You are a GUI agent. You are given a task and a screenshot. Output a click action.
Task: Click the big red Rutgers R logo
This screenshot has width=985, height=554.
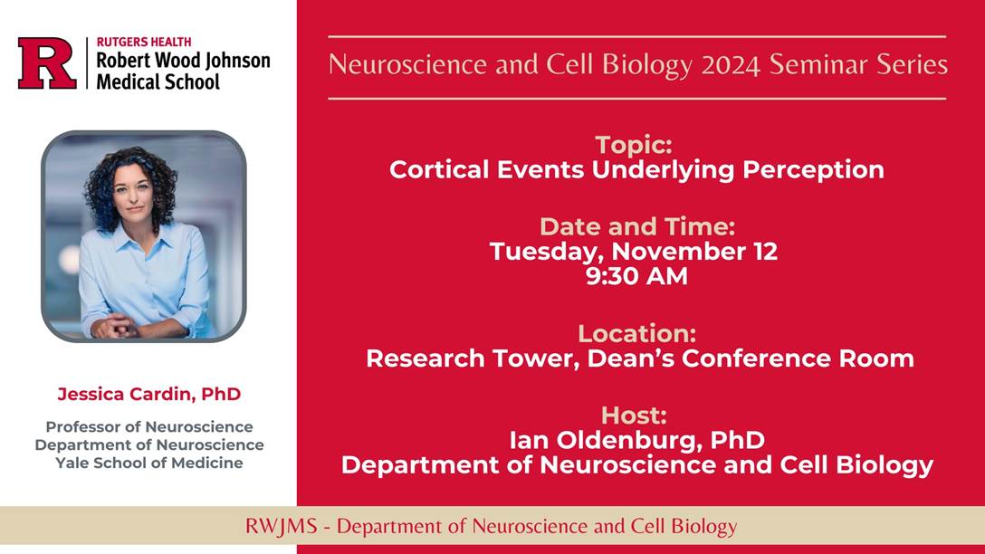coord(47,62)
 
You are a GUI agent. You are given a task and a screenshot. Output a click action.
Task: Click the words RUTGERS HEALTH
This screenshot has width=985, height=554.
coord(144,42)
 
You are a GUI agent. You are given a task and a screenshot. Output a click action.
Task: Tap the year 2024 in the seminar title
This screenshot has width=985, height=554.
coord(731,65)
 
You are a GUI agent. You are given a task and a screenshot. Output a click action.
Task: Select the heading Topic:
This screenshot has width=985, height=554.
coord(634,145)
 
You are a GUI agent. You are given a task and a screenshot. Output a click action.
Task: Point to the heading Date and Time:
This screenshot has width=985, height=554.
coord(637,226)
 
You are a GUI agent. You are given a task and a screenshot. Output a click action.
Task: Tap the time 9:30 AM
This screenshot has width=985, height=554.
coord(636,276)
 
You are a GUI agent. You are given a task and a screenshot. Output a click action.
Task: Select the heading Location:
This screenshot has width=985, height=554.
coord(637,333)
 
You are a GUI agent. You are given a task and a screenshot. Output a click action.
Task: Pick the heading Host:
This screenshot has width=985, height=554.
coord(634,415)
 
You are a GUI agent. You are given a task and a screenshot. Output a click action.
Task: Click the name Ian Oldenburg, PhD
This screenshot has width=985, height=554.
coord(637,440)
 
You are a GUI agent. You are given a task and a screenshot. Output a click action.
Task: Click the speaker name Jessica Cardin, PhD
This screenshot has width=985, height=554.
coord(149,394)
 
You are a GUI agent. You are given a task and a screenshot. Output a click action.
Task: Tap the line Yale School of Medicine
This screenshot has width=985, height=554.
coord(149,463)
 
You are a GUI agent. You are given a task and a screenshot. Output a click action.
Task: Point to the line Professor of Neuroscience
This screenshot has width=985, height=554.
coord(149,427)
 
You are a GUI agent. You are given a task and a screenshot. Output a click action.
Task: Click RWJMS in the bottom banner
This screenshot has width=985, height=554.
coord(281,526)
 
